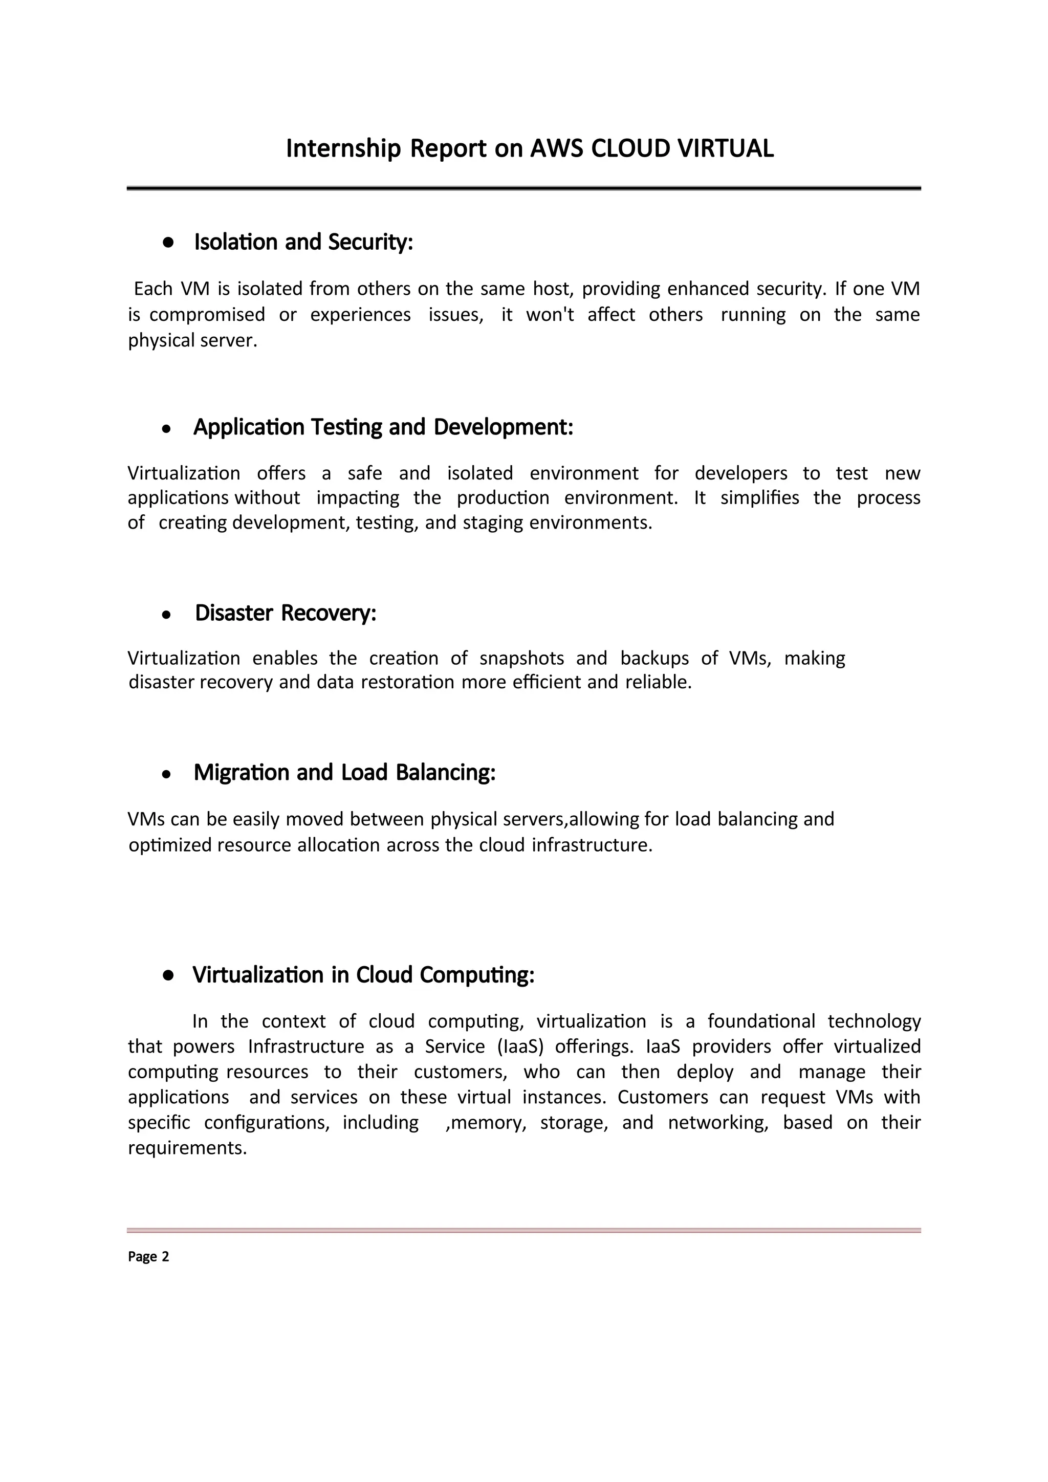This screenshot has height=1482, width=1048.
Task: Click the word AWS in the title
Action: pos(557,148)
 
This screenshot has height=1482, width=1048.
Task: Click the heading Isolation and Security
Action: pos(303,242)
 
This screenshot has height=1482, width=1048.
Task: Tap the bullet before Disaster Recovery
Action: pos(166,615)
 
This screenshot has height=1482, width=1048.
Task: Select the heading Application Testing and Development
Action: pos(383,427)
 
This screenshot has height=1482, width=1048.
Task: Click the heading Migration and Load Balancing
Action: pos(344,773)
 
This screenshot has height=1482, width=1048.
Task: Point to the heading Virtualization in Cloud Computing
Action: pos(363,975)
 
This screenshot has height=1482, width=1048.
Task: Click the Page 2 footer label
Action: pos(148,1256)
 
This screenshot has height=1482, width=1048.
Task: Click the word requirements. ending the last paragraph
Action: pos(188,1148)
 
